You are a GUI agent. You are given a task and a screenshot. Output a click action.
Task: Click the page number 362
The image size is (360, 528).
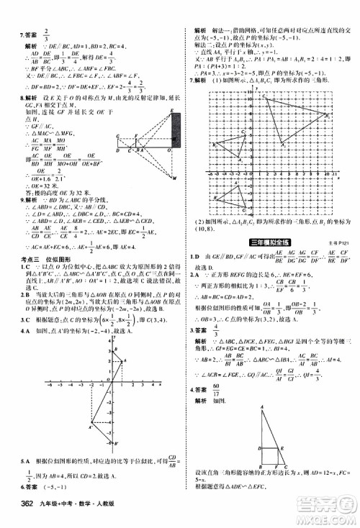click(x=16, y=512)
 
